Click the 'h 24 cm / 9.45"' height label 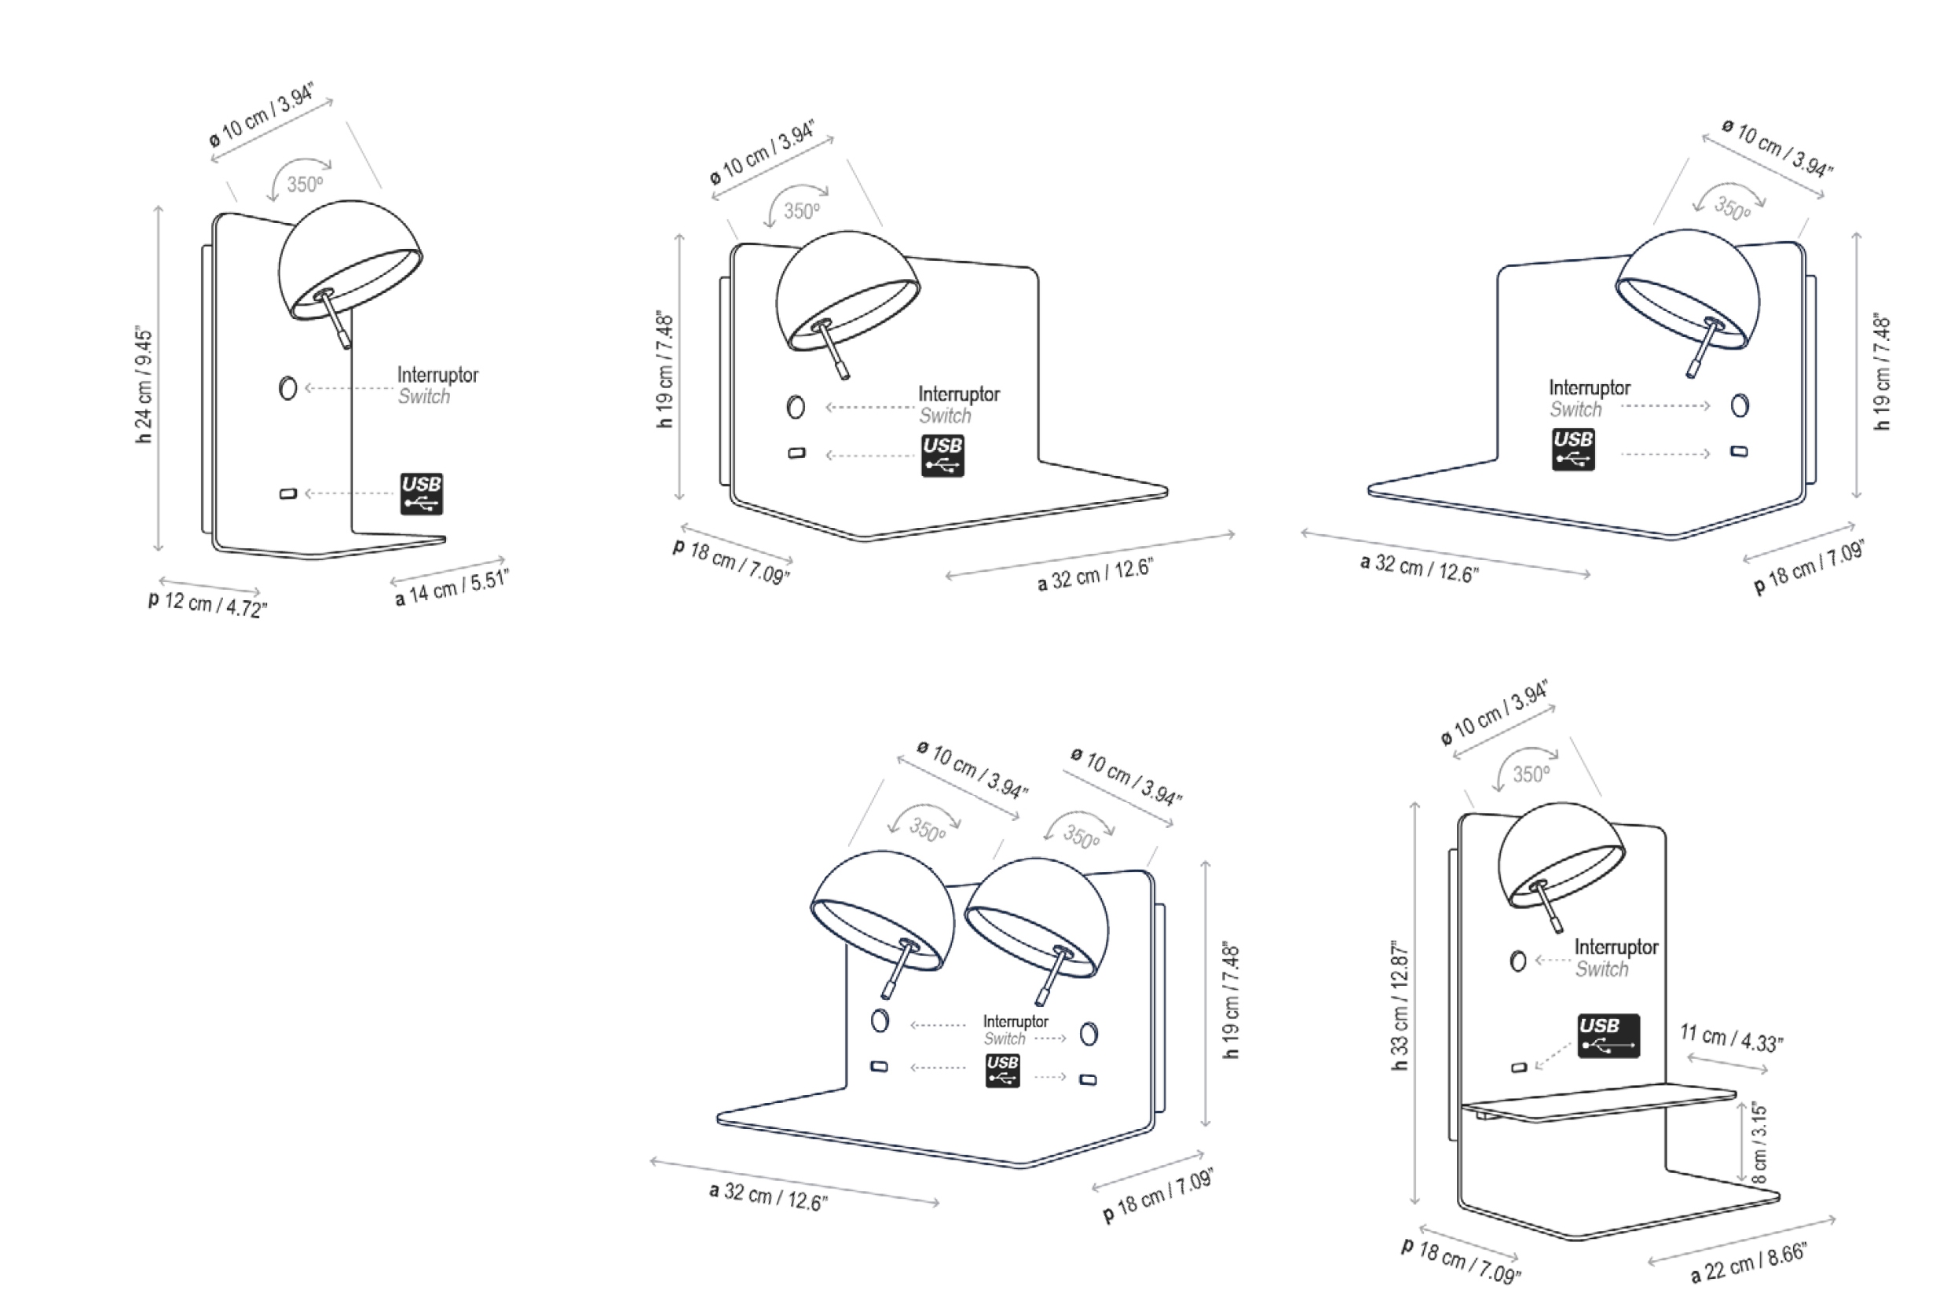[144, 385]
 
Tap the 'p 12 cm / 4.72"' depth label [207, 603]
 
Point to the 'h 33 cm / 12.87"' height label [1400, 1006]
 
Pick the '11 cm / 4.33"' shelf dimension [1731, 1038]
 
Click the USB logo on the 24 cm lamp [422, 494]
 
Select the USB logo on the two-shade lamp [1002, 1070]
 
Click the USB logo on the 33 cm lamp [1608, 1035]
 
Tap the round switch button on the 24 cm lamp [287, 388]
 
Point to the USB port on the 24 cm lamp [287, 494]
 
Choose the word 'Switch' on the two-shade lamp [1004, 1039]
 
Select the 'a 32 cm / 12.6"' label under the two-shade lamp [768, 1195]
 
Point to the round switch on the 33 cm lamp [1517, 962]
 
